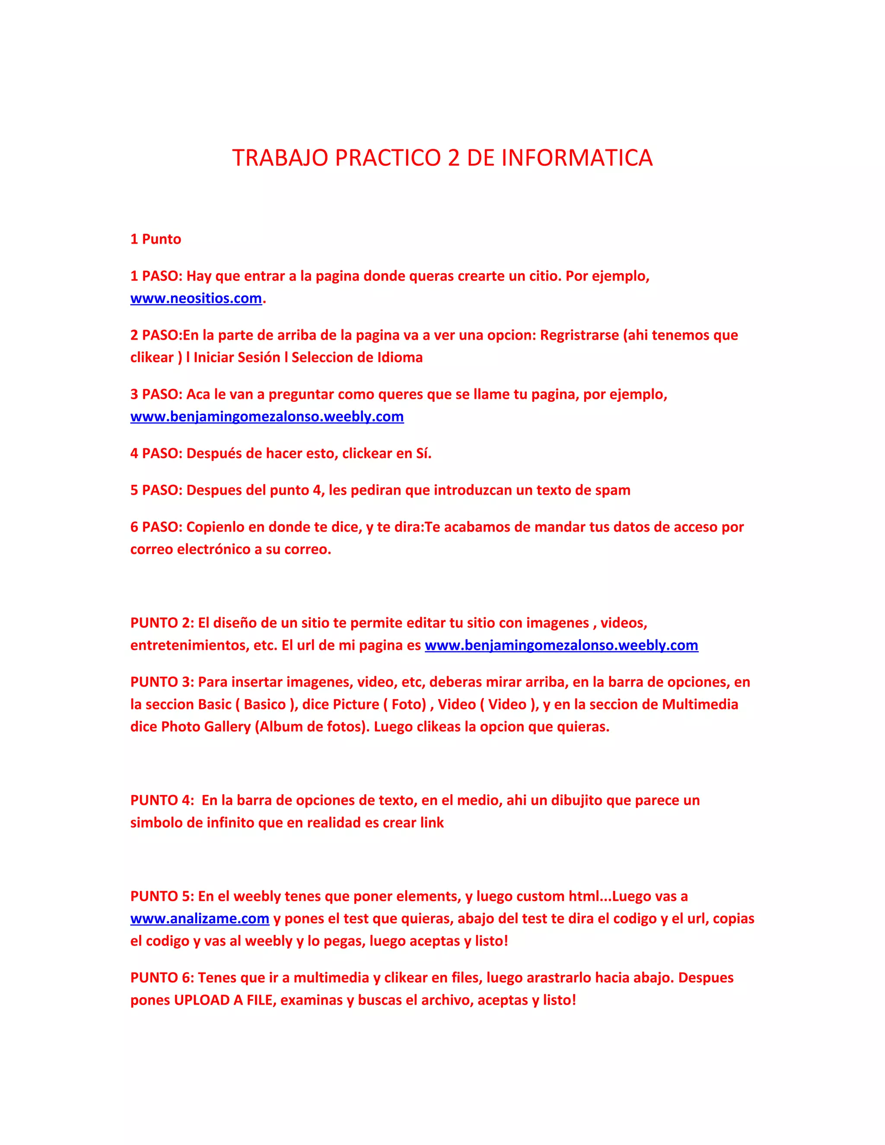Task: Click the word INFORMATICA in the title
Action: point(577,158)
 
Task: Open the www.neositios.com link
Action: point(196,298)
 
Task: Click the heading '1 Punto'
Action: point(156,239)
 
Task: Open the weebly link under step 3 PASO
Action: point(267,417)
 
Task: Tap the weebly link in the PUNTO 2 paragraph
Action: point(561,646)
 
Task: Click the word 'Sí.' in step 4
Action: point(423,454)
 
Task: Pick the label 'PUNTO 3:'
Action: point(162,682)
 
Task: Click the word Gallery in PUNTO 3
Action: point(227,727)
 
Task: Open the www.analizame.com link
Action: point(200,919)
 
